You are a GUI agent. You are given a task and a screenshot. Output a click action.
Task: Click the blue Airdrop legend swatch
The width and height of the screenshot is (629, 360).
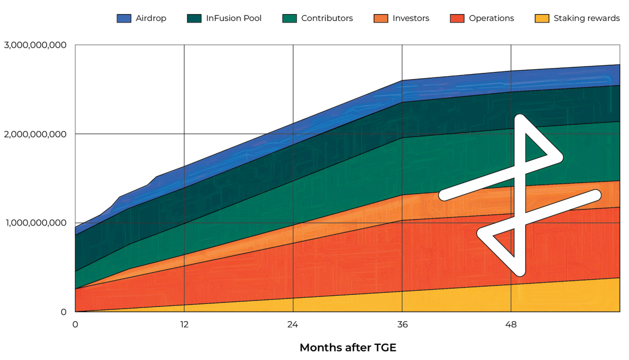click(124, 18)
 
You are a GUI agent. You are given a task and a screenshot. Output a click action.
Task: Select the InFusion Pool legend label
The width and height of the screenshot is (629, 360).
click(233, 18)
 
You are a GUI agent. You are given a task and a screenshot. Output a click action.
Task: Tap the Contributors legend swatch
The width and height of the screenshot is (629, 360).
click(290, 18)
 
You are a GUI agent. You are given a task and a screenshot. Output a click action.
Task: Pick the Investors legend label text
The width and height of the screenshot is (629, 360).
click(411, 18)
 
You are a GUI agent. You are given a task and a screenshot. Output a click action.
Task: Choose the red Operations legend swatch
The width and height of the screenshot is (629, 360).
click(457, 18)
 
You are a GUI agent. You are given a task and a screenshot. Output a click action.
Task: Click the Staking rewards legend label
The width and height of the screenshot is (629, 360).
click(587, 18)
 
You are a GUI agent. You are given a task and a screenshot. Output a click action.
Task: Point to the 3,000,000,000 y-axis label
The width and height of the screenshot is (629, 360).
click(35, 45)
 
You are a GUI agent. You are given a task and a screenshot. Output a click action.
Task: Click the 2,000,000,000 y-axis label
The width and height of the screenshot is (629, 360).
click(35, 134)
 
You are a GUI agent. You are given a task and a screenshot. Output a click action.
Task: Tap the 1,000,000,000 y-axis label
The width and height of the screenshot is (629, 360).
click(36, 223)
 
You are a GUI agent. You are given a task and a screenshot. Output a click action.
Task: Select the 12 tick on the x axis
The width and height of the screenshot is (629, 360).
click(184, 325)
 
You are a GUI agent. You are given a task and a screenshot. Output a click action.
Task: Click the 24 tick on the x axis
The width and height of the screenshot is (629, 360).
click(293, 325)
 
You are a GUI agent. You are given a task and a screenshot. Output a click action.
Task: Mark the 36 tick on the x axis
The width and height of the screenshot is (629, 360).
click(402, 325)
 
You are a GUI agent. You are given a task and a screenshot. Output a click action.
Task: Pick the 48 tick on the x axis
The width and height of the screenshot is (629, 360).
click(511, 325)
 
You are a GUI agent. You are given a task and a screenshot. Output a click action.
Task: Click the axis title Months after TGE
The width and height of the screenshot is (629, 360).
click(348, 348)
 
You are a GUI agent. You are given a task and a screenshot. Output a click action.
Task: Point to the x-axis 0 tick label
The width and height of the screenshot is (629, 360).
click(75, 325)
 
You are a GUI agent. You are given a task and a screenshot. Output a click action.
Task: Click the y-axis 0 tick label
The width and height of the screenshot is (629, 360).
click(64, 312)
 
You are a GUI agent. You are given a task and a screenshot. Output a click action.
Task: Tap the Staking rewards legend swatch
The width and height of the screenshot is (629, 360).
click(542, 18)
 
